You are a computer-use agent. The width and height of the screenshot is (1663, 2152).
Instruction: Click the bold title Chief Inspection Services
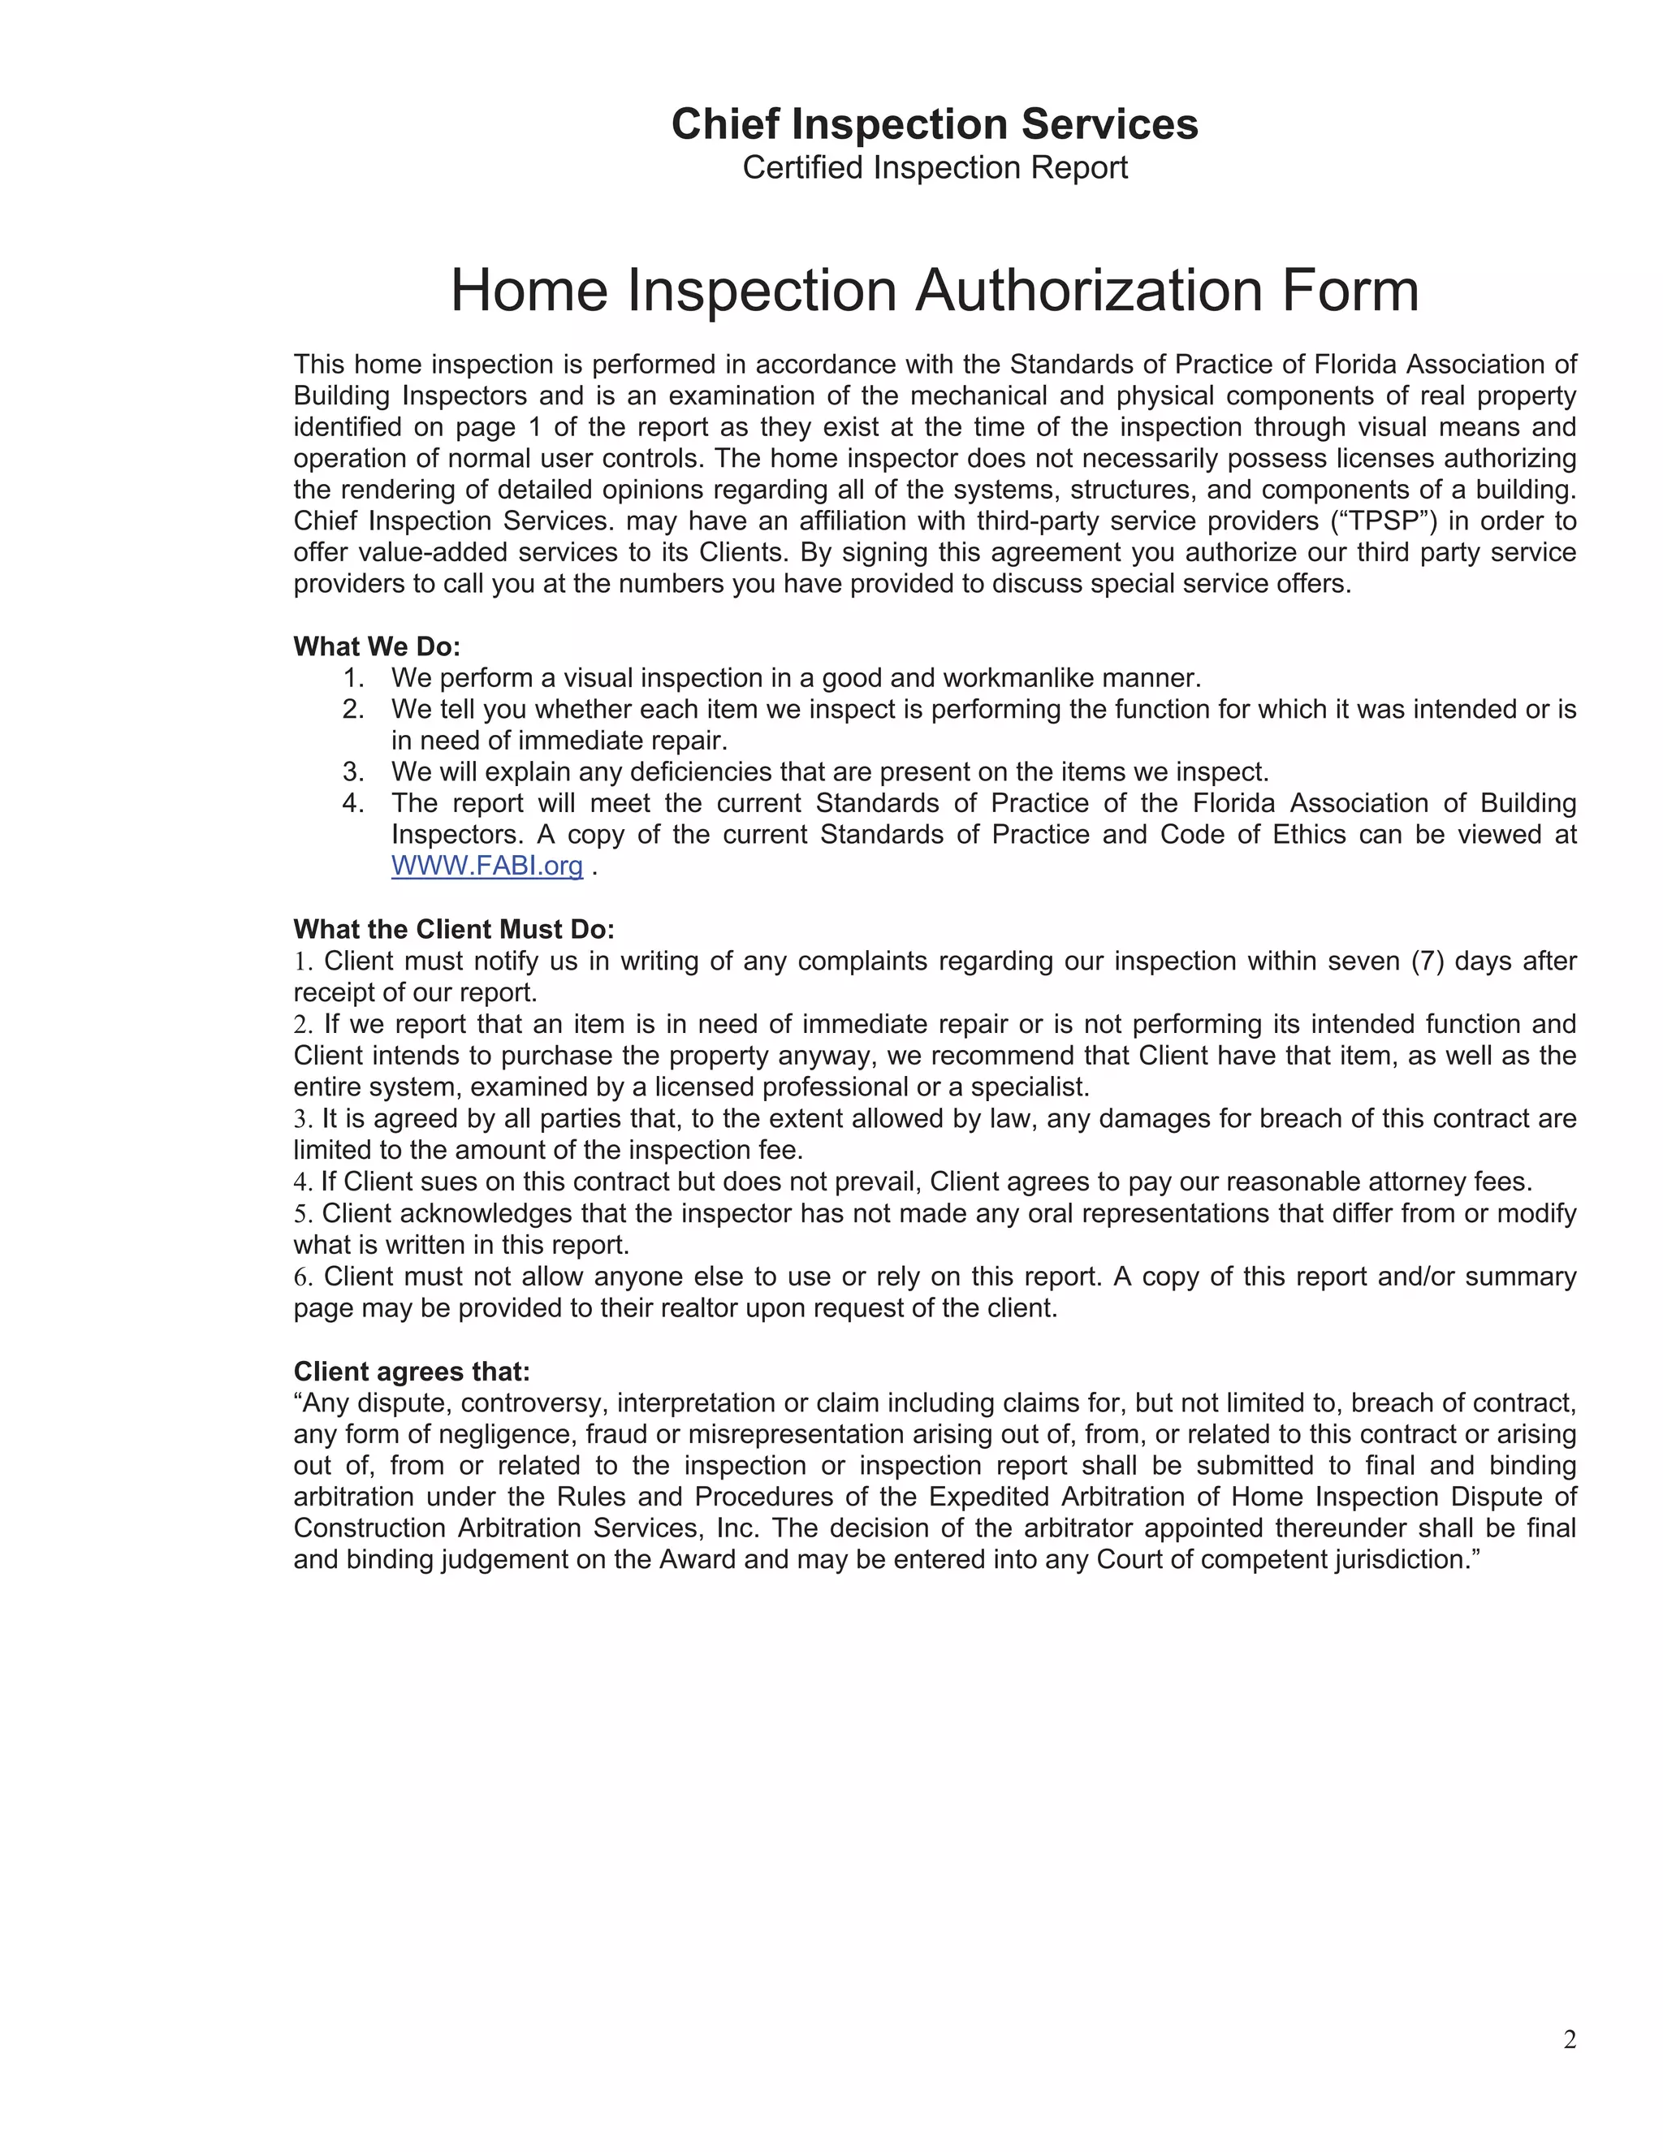[x=934, y=124]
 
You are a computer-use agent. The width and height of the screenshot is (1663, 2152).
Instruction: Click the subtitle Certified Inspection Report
[x=934, y=167]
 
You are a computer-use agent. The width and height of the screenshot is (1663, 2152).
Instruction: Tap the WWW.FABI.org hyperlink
[x=486, y=866]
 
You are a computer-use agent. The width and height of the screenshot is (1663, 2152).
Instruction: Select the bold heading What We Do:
[x=376, y=646]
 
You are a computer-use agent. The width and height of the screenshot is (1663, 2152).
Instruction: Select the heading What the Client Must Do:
[x=453, y=929]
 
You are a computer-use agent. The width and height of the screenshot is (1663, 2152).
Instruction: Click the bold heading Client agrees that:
[x=411, y=1371]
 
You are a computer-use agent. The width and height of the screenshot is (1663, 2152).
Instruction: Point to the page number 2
[x=1570, y=2040]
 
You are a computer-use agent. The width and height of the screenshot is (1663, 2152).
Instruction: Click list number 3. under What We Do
[x=354, y=771]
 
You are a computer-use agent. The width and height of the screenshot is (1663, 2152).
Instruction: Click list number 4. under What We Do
[x=354, y=803]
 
